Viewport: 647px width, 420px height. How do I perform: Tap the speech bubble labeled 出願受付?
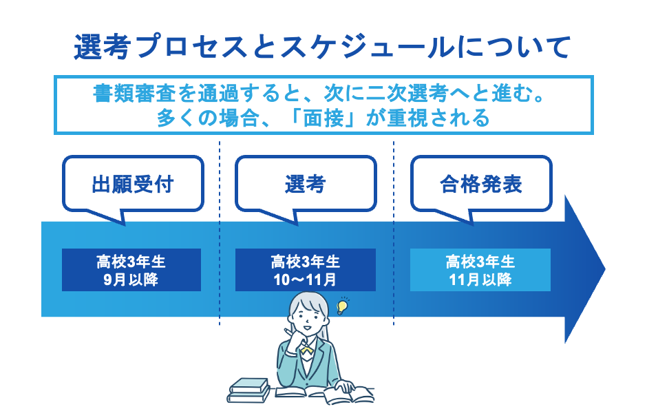click(x=133, y=185)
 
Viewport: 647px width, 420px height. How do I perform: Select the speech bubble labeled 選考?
click(x=305, y=185)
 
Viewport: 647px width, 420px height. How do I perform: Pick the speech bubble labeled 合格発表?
click(x=481, y=185)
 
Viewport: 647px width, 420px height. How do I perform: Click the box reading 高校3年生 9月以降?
click(x=131, y=271)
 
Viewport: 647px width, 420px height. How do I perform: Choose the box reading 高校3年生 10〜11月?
click(x=305, y=271)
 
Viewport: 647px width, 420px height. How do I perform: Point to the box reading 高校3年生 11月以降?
click(x=480, y=271)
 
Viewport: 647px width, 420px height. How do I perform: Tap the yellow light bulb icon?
click(x=341, y=305)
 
